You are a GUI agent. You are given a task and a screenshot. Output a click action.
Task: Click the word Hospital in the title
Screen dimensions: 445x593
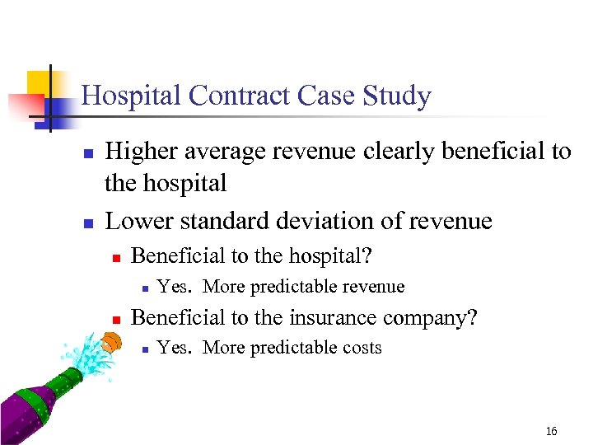pos(132,96)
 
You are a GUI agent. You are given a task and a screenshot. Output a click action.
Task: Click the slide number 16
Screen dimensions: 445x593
pos(551,431)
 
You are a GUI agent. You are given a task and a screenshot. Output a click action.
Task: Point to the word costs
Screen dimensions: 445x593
pos(355,348)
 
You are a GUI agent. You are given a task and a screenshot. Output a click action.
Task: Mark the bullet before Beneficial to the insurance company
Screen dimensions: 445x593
pos(116,318)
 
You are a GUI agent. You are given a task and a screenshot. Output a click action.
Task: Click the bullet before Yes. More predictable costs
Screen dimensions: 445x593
pos(143,349)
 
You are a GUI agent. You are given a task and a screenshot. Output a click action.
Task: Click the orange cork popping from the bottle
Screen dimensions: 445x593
pos(110,340)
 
